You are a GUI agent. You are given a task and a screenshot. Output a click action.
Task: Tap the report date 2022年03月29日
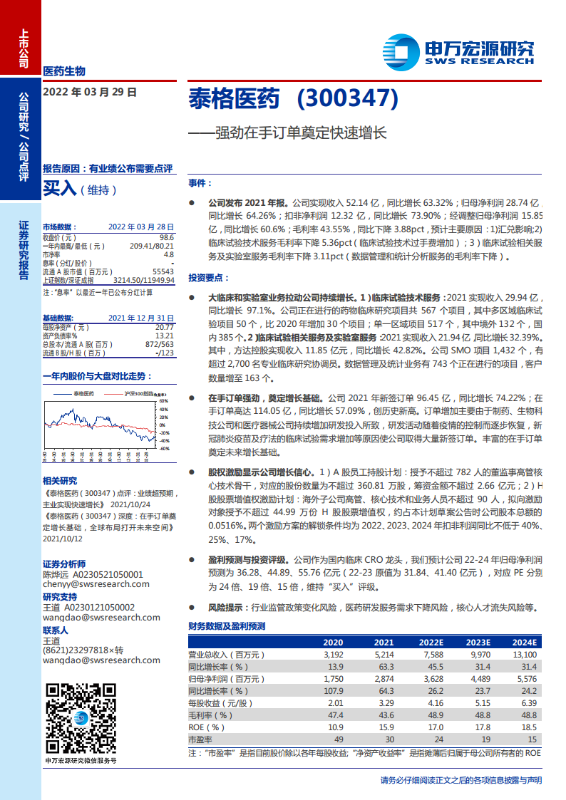coord(89,92)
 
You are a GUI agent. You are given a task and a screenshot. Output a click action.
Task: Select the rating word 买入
coord(60,189)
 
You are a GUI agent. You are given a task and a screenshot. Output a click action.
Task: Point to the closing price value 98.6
coord(166,237)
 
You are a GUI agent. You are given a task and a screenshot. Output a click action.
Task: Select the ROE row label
coord(197,727)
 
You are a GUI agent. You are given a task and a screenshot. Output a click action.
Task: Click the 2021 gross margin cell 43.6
coord(384,715)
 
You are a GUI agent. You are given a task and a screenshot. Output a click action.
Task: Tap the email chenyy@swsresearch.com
coord(96,584)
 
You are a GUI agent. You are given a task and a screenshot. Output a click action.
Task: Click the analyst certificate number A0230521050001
coord(104,574)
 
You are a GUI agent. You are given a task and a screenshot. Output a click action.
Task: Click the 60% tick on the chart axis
coord(163,401)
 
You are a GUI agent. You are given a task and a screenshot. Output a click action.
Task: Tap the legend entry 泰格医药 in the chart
coord(83,393)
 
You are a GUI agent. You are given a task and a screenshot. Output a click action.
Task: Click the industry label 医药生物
coord(64,71)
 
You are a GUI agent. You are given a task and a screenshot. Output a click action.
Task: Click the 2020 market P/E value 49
coord(339,739)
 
